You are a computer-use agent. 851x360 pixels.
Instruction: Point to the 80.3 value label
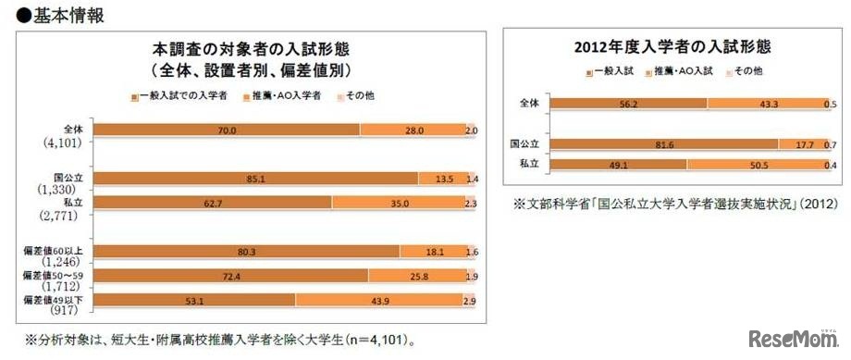244,251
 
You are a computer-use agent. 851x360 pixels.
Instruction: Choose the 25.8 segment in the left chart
413,275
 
